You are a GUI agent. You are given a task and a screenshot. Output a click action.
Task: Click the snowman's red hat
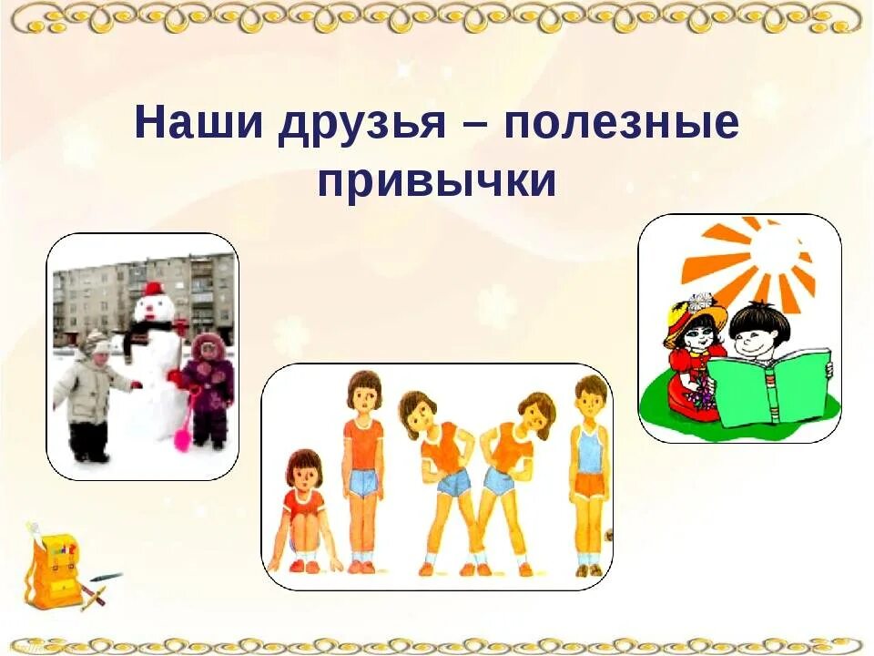tap(153, 290)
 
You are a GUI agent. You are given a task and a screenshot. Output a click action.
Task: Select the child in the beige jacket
tap(90, 392)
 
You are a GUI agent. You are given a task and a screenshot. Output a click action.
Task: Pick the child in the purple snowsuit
tap(208, 387)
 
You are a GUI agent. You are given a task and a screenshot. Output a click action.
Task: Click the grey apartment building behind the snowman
tap(100, 292)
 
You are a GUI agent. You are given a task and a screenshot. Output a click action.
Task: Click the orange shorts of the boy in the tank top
tap(589, 485)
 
